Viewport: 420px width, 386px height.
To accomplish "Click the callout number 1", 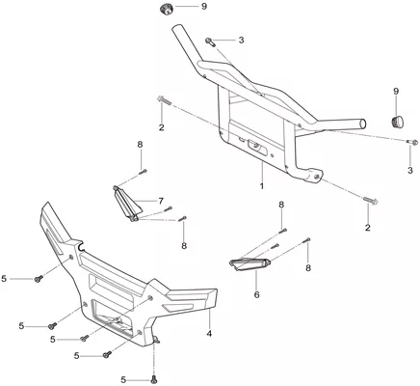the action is tap(262, 186).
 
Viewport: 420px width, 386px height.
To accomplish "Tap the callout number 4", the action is tap(209, 334).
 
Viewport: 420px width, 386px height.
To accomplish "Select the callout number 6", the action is tap(256, 294).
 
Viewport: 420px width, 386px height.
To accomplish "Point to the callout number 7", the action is tap(161, 201).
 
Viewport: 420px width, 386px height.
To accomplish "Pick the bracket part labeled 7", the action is tap(127, 204).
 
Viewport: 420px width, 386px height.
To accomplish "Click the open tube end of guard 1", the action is tap(362, 124).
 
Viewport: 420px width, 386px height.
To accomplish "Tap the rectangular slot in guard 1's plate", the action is tap(255, 148).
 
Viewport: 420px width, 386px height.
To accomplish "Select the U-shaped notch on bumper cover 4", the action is tap(81, 246).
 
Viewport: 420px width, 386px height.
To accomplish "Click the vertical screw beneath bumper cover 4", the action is tap(155, 380).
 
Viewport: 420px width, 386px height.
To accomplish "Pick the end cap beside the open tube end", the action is tap(398, 123).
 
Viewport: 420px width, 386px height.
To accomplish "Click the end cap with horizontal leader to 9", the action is tap(167, 9).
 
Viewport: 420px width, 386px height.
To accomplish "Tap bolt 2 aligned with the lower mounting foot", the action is tap(371, 201).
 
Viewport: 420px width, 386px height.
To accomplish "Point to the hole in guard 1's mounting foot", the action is tap(317, 177).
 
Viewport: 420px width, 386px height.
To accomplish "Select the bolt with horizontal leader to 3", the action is tap(209, 41).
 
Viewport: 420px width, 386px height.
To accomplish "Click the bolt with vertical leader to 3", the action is tap(411, 141).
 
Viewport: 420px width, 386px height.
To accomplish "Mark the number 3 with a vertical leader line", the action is tap(410, 170).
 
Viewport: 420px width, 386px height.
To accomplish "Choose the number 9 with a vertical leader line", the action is tap(396, 91).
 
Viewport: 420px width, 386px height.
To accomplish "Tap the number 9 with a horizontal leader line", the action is tap(204, 6).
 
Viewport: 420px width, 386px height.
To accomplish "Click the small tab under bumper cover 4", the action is tap(156, 339).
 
